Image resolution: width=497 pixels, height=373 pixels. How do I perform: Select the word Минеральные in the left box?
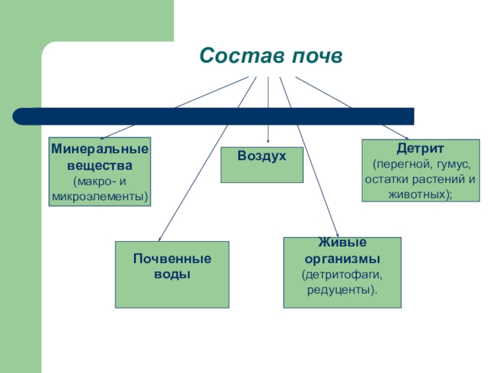pos(100,150)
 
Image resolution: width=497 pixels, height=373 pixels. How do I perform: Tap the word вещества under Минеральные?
pos(100,166)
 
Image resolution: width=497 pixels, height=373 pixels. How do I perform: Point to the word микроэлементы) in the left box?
pos(100,196)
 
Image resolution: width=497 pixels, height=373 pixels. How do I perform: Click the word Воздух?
pos(262,155)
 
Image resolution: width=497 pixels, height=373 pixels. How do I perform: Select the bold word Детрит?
pos(421,149)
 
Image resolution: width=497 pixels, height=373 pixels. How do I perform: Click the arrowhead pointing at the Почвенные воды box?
pos(160,238)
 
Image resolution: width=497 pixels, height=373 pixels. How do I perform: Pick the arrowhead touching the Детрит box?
pos(406,137)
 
